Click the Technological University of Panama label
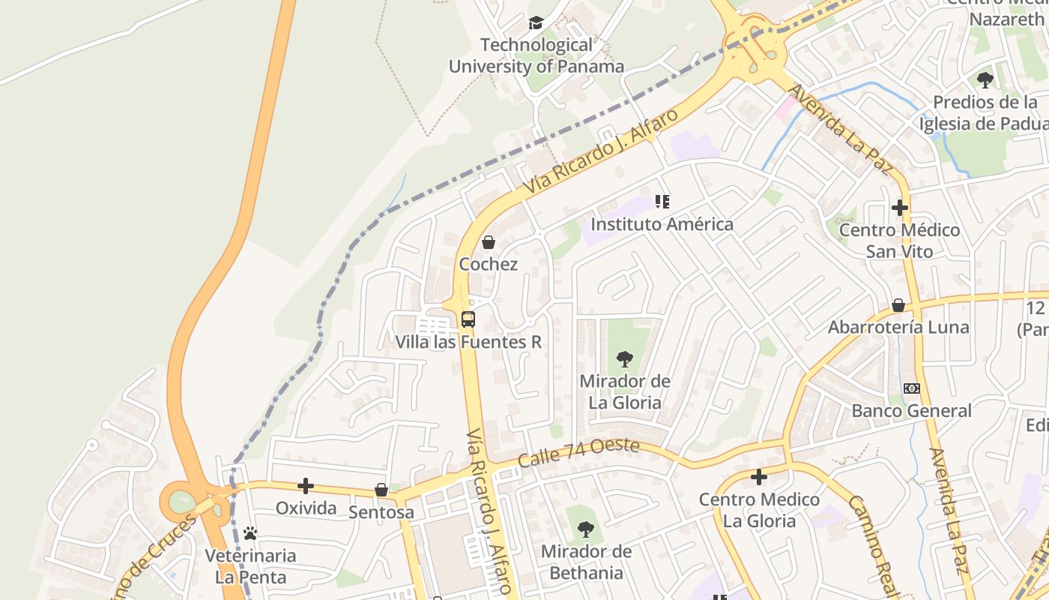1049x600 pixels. [x=536, y=55]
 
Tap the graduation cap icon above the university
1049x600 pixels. [x=536, y=23]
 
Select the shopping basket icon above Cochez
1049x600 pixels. [x=489, y=242]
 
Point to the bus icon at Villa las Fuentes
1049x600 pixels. [x=468, y=319]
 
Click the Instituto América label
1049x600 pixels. [x=662, y=224]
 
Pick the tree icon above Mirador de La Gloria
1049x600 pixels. [x=624, y=359]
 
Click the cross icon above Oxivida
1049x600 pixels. [x=306, y=486]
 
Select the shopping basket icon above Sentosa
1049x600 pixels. [x=381, y=490]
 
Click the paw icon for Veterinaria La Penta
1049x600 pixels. [x=250, y=533]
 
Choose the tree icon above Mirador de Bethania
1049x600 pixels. [x=586, y=530]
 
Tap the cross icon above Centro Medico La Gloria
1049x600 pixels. [x=759, y=477]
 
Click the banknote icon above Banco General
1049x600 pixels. [x=912, y=388]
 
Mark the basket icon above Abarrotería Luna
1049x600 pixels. [x=898, y=305]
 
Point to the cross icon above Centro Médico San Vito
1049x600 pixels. [x=900, y=208]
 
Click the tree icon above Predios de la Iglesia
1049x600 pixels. [x=985, y=80]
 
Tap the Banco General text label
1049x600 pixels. [x=912, y=411]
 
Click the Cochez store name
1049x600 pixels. [x=489, y=264]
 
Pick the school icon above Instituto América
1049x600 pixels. [x=662, y=202]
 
